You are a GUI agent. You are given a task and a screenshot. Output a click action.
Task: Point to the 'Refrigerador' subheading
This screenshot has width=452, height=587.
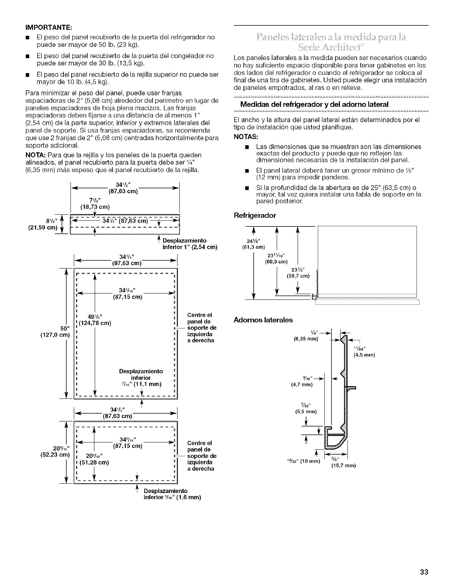coord(255,216)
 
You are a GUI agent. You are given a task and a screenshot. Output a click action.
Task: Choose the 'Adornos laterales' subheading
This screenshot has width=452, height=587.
coord(263,320)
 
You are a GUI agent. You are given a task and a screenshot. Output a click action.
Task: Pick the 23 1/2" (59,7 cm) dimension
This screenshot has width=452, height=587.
coord(296,273)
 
